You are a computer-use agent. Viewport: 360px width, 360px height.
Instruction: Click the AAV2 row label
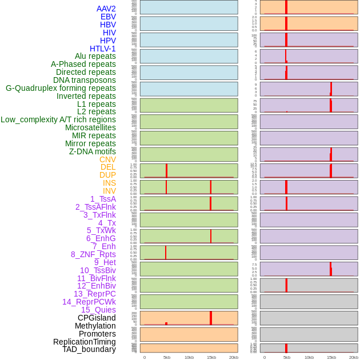point(106,9)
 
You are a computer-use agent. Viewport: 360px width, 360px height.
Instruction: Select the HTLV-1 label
point(102,49)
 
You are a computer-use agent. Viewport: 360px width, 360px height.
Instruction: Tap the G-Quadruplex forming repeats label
point(61,88)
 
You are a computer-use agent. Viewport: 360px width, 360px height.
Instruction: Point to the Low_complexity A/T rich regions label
point(58,119)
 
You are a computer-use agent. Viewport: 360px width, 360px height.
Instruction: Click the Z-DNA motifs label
point(93,151)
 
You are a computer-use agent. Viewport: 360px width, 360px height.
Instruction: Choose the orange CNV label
point(107,159)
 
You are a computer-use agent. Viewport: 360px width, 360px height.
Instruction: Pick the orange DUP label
point(107,175)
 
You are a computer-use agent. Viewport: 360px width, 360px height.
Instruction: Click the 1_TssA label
point(103,199)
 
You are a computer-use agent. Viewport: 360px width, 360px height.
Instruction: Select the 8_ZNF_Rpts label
point(93,254)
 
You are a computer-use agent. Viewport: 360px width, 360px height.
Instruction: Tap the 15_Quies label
point(98,310)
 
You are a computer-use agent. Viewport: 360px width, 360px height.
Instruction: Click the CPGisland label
point(97,318)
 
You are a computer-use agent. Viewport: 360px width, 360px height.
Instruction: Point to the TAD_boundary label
point(89,349)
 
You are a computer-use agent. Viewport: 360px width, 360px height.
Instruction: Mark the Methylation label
point(95,326)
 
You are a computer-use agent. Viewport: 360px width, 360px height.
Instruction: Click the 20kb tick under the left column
point(234,357)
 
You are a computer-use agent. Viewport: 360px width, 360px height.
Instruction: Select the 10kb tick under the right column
point(309,357)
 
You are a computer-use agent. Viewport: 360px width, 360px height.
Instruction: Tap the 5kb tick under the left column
point(167,357)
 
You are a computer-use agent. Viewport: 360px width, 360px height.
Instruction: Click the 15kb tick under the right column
point(331,357)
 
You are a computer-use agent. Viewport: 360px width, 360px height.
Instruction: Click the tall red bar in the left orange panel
point(211,318)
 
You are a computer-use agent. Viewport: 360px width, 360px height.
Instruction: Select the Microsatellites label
point(90,127)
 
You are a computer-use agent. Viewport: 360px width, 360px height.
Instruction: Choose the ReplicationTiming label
point(85,342)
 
